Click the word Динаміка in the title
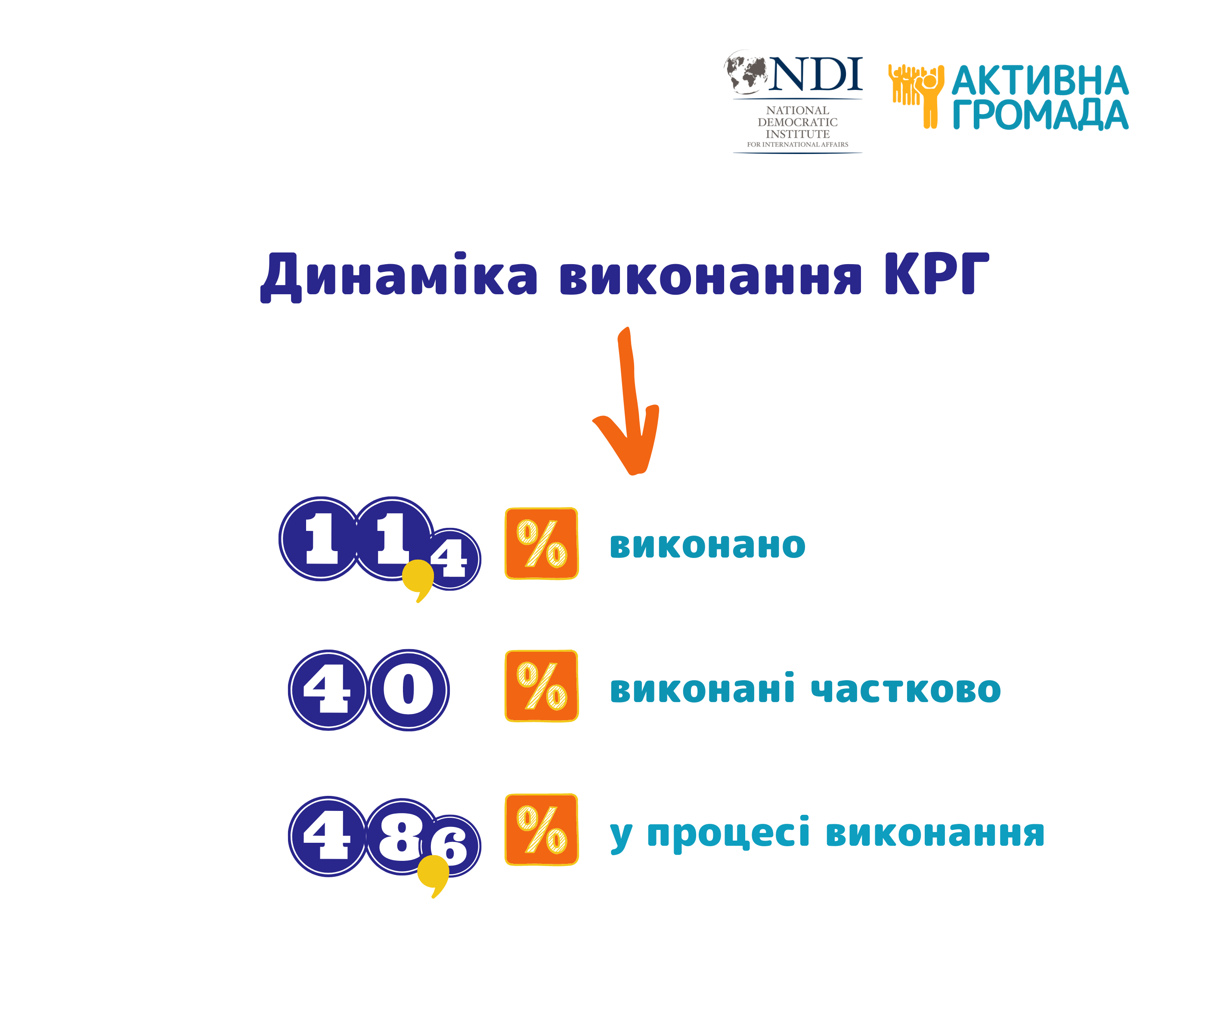(x=399, y=276)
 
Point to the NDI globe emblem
(x=746, y=72)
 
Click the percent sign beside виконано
(x=542, y=543)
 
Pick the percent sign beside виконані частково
(x=542, y=686)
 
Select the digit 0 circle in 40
(x=409, y=690)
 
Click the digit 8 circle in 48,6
(x=401, y=837)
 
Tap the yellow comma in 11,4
(x=418, y=578)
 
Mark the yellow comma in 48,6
(x=434, y=873)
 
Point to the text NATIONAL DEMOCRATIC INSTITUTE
(x=798, y=122)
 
